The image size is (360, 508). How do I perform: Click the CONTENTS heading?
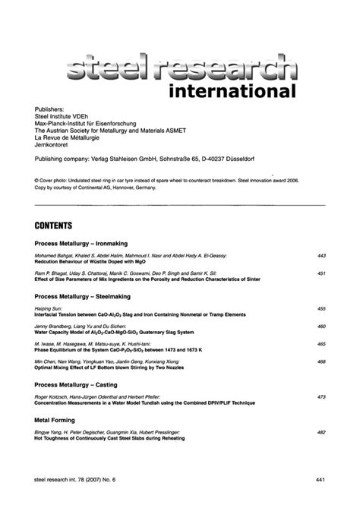(x=53, y=226)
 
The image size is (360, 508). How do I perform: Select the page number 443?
(x=321, y=256)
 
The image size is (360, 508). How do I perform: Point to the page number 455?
(x=321, y=309)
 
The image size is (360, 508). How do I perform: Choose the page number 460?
(x=321, y=327)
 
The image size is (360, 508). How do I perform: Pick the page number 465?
(x=321, y=344)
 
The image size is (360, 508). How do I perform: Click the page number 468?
(x=321, y=361)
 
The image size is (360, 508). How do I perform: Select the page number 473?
(x=321, y=396)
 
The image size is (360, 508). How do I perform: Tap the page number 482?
(x=321, y=432)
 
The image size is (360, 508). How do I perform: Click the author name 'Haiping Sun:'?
(x=48, y=309)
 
